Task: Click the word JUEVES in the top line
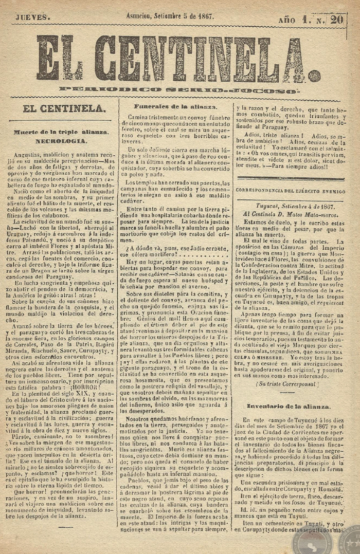point(31,17)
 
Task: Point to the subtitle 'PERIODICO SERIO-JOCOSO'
point(178,90)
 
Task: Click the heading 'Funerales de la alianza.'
point(175,106)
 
